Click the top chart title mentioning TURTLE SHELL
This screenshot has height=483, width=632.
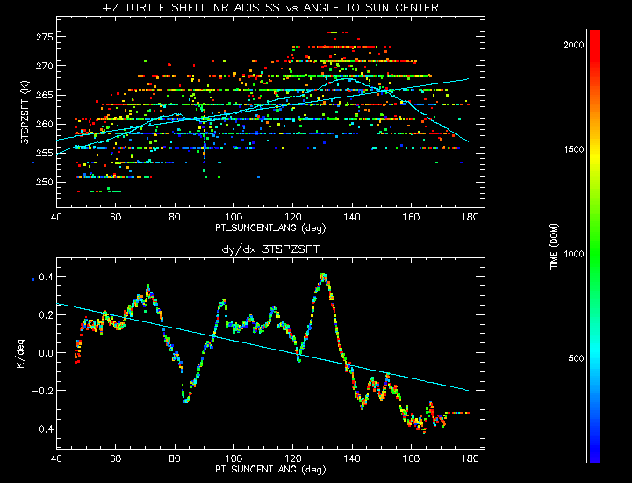pos(270,8)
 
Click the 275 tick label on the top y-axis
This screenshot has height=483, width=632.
pos(43,37)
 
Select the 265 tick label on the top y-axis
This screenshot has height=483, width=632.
pos(43,95)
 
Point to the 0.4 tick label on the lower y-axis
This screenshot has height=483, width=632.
pos(44,278)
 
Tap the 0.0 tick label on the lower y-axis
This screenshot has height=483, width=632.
pos(44,353)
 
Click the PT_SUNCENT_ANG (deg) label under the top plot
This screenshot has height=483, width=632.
pos(269,227)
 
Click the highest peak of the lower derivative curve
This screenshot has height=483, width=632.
pos(323,275)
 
